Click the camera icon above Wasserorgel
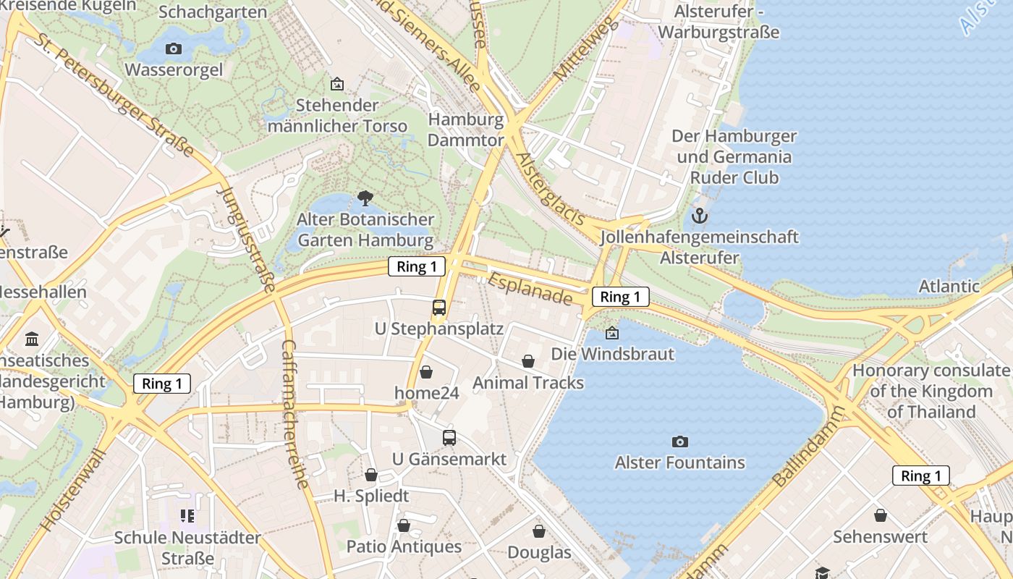[174, 49]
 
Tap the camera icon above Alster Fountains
[679, 441]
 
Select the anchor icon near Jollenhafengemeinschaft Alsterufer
[700, 216]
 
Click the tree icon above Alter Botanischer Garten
[365, 198]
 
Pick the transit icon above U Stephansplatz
[439, 308]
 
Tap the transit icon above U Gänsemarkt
[449, 438]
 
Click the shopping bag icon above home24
[426, 372]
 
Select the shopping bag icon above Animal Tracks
[528, 361]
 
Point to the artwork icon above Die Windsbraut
[612, 333]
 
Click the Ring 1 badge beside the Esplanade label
[620, 297]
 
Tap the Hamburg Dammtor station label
[465, 130]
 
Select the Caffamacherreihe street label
[295, 414]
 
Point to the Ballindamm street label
[808, 447]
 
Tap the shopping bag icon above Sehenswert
[880, 515]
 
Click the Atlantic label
[949, 286]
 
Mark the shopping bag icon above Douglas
[539, 531]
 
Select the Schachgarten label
[202, 12]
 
